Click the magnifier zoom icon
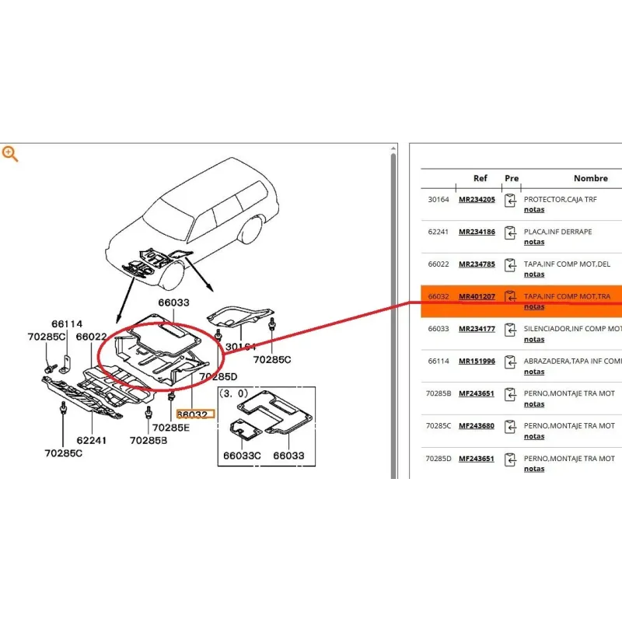tap(10, 153)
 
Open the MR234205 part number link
tap(477, 200)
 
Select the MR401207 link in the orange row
tap(477, 297)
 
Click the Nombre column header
tap(591, 178)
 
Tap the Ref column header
tap(480, 178)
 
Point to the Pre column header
tap(511, 178)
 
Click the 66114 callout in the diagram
tap(68, 323)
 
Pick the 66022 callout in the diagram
tap(92, 337)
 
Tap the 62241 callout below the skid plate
tap(91, 440)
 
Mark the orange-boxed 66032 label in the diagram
tap(192, 415)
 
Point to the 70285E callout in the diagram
tap(170, 428)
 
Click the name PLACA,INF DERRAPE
tap(557, 232)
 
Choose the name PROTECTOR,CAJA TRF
tap(560, 200)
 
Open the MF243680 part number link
tap(477, 426)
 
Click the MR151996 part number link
tap(477, 362)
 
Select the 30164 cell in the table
tap(439, 200)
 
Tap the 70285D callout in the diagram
tap(218, 376)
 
